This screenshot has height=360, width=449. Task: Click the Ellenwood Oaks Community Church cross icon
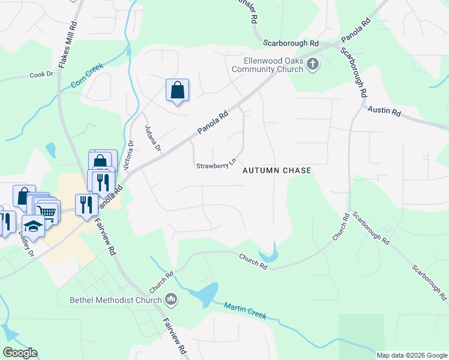312,64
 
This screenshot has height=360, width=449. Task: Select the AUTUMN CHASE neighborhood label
277,170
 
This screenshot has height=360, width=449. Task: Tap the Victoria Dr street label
128,154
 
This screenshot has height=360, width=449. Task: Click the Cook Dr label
41,75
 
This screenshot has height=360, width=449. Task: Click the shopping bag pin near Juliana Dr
177,91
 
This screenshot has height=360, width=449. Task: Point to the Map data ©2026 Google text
412,355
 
